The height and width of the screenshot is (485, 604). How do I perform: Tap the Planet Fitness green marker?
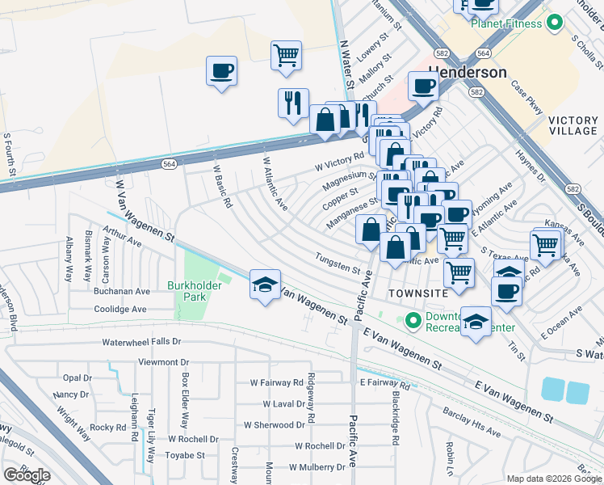pyautogui.click(x=554, y=23)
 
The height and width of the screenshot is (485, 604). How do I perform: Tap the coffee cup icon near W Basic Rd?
pyautogui.click(x=221, y=71)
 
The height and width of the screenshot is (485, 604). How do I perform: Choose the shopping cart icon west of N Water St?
pyautogui.click(x=286, y=55)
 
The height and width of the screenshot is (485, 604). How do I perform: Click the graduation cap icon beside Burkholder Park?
pyautogui.click(x=265, y=285)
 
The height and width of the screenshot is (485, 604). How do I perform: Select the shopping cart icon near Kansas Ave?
pyautogui.click(x=546, y=245)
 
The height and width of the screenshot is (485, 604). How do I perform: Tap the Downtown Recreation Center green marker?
pyautogui.click(x=414, y=321)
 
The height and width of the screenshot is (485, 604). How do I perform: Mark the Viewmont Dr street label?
pyautogui.click(x=163, y=362)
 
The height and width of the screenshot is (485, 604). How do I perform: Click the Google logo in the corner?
pyautogui.click(x=27, y=475)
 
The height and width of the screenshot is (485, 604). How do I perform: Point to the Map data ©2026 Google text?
pyautogui.click(x=554, y=478)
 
